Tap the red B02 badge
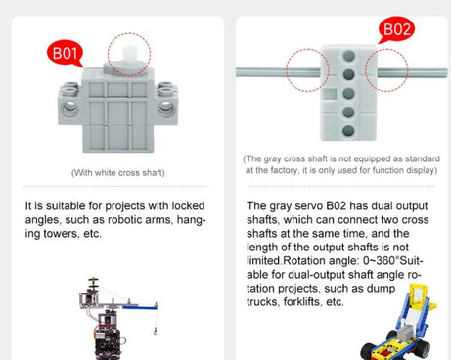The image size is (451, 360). point(397,29)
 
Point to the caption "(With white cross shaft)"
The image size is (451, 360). point(117,173)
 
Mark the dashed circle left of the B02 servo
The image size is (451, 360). point(307,70)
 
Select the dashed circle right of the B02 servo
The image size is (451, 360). point(384,70)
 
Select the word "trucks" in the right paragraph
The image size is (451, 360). point(265,302)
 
